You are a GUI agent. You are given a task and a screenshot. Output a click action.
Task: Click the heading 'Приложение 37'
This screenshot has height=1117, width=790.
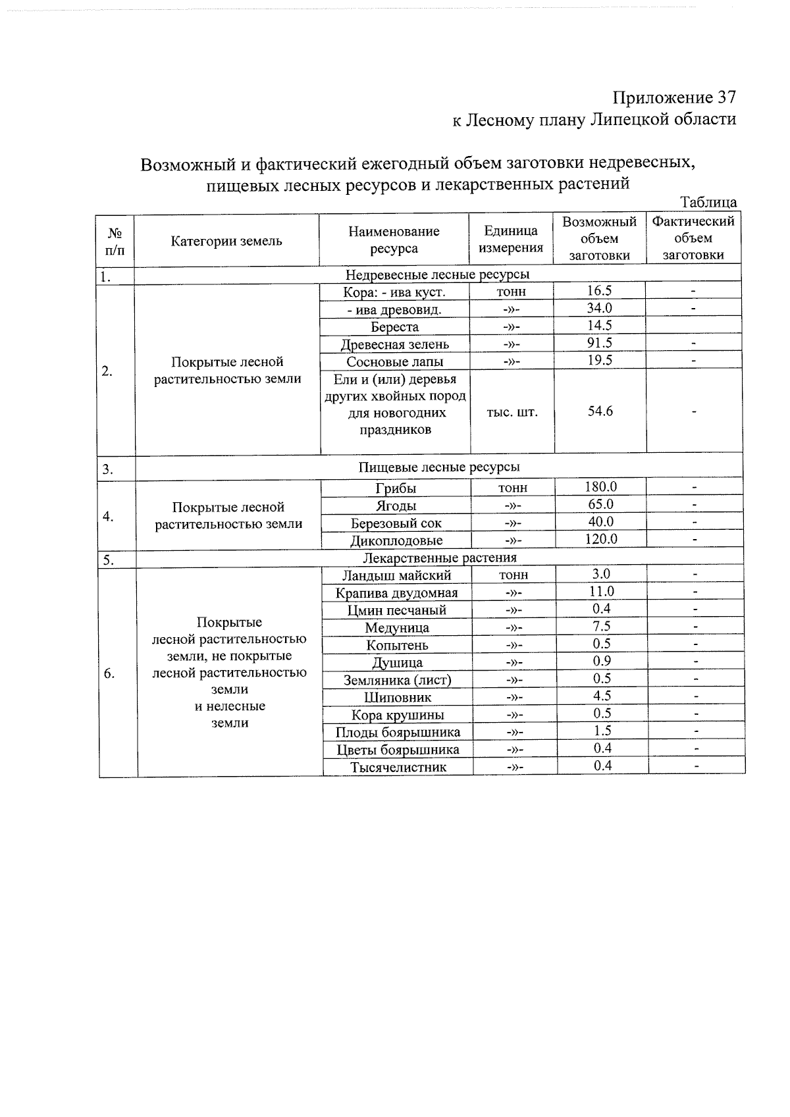[x=673, y=98]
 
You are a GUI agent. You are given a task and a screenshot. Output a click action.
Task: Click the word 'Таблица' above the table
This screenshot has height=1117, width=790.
[x=708, y=202]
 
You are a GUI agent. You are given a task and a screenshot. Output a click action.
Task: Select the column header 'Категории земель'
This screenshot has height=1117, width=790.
[x=226, y=241]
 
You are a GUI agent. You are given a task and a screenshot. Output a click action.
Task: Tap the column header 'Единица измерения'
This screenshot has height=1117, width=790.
[x=511, y=239]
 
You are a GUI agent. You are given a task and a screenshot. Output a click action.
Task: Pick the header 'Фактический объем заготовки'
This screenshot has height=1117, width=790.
[x=693, y=238]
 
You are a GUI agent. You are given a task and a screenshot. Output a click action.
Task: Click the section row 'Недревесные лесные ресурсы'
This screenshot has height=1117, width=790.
[x=437, y=274]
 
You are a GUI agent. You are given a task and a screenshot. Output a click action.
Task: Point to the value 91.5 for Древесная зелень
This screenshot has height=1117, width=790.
[x=599, y=343]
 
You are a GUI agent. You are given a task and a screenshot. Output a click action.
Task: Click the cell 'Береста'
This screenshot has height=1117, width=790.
[x=394, y=327]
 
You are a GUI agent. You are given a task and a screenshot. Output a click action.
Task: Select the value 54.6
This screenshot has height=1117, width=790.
[x=600, y=411]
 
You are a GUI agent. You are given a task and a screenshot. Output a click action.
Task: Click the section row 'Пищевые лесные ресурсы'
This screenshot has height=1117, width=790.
[x=438, y=467]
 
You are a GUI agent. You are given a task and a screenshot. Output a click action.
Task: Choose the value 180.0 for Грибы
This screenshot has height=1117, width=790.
[x=600, y=487]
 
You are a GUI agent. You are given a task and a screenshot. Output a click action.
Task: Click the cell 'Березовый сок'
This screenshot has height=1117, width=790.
[x=396, y=523]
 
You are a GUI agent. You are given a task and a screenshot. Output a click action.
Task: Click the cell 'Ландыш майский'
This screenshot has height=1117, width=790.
[x=396, y=575]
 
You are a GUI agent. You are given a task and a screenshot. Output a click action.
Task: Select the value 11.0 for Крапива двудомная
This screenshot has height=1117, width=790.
[x=601, y=591]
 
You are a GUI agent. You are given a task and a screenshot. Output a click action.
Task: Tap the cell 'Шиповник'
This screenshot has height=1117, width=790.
[x=398, y=697]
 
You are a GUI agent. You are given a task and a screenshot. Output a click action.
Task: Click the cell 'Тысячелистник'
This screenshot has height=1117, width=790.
[x=398, y=767]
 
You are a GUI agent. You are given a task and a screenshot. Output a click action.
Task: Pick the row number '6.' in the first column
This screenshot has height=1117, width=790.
[x=109, y=673]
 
